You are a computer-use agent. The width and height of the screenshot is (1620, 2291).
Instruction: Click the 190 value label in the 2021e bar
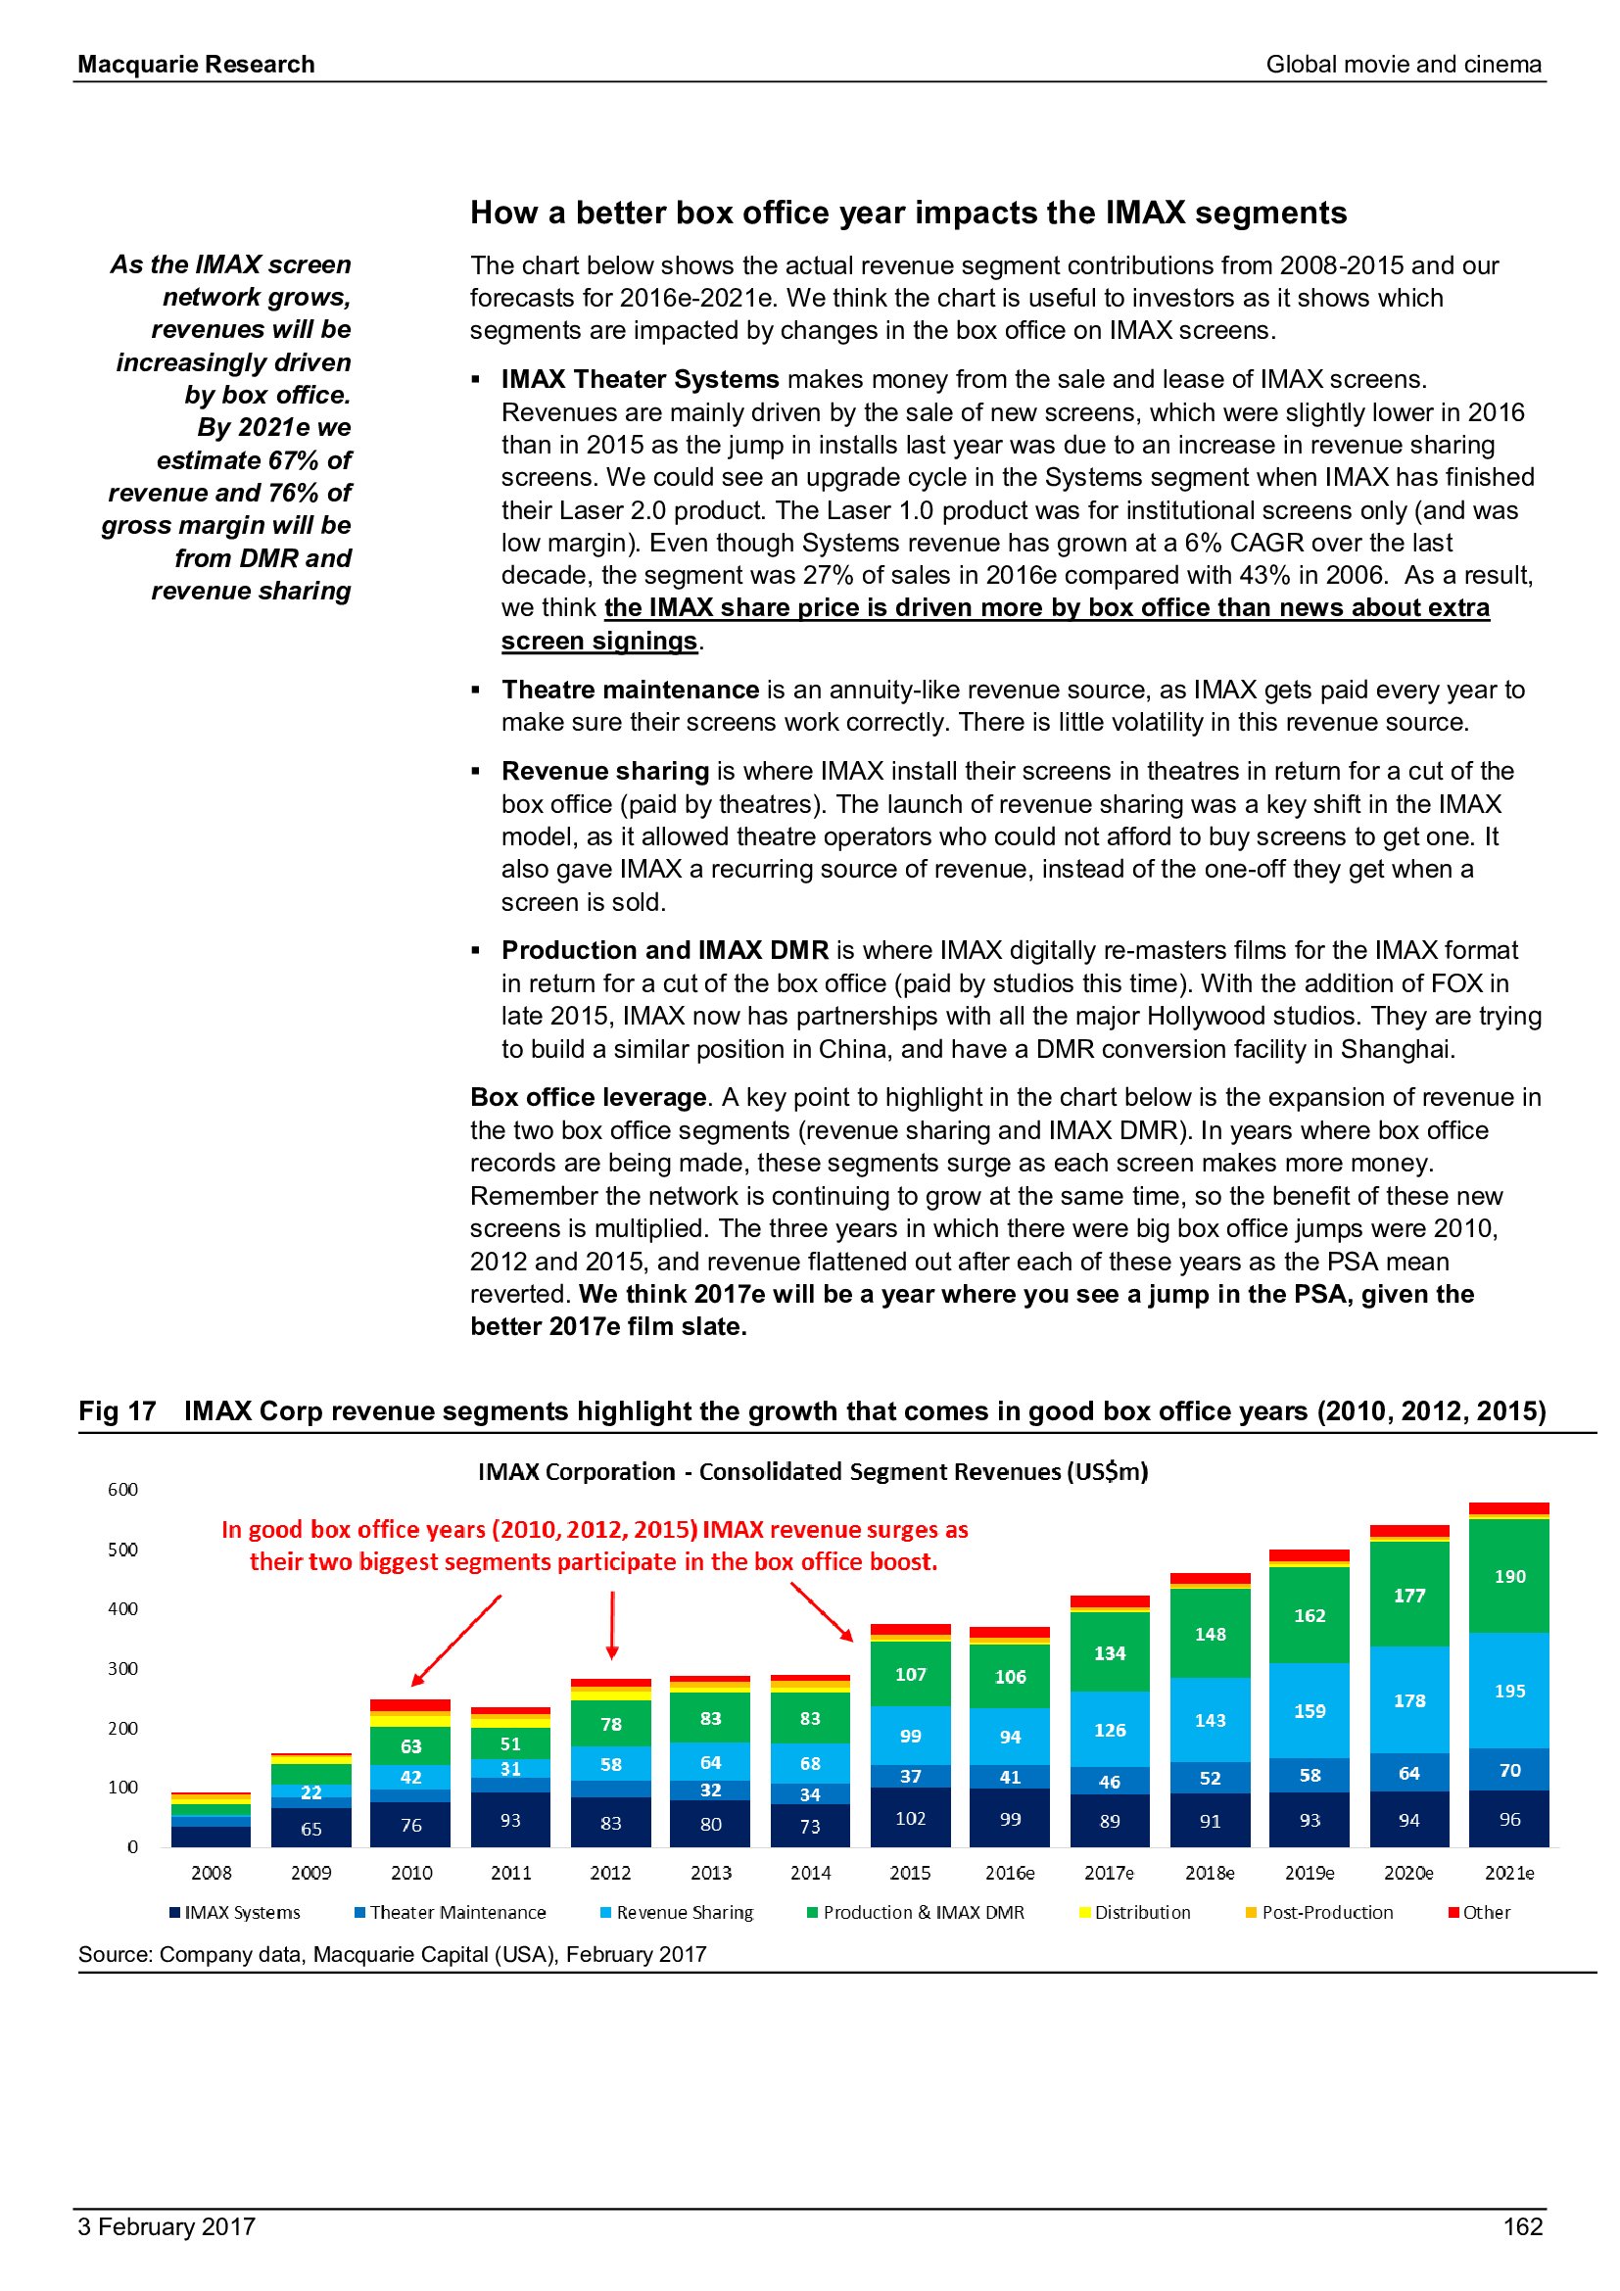[1509, 1577]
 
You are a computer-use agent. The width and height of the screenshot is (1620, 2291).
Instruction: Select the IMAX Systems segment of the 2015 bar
[910, 1817]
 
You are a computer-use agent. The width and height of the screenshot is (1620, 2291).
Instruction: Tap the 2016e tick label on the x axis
[1010, 1873]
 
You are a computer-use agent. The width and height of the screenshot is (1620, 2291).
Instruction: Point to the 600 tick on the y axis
[122, 1490]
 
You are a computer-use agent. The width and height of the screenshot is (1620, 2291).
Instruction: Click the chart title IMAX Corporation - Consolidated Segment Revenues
[813, 1472]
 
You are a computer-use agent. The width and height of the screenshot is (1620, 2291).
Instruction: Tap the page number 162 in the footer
[1522, 2226]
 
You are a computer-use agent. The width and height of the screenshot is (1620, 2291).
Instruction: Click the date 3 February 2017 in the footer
[167, 2226]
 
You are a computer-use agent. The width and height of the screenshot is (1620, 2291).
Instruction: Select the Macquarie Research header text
[197, 65]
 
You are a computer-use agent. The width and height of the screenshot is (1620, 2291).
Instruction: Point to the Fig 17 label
[117, 1410]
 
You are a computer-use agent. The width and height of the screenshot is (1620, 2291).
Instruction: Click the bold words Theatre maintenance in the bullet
[631, 690]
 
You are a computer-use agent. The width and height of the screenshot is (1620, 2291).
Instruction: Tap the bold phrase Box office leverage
[589, 1097]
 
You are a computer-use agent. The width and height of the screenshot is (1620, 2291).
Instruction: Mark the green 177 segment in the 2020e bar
[1408, 1595]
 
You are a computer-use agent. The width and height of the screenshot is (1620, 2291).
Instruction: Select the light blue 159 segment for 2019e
[1309, 1710]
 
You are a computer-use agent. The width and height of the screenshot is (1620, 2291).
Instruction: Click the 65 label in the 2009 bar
[311, 1828]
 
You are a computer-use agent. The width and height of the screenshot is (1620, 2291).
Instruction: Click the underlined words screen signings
[598, 641]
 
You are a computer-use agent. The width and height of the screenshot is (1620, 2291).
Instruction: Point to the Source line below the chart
[392, 1954]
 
